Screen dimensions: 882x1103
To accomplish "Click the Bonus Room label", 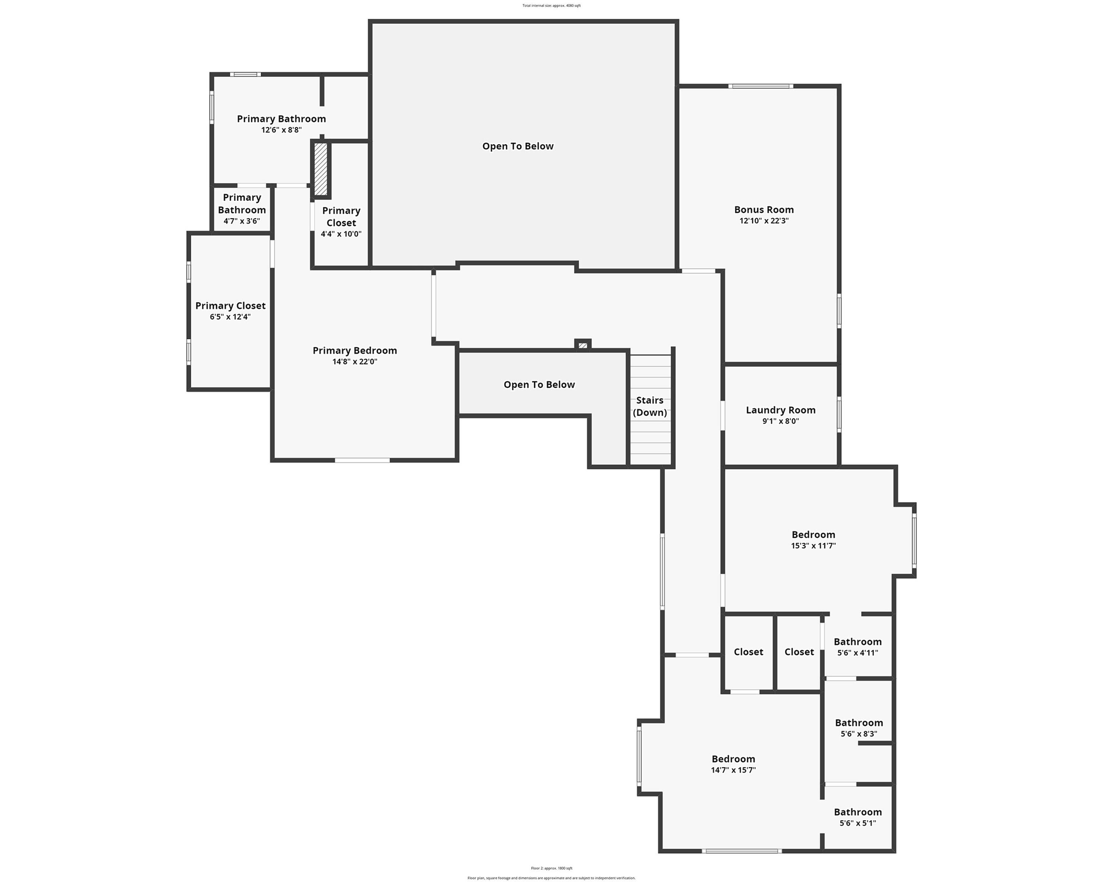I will click(x=764, y=209).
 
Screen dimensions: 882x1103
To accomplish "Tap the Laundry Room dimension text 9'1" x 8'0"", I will click(x=780, y=421).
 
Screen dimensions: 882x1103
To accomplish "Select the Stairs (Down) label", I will click(x=650, y=406).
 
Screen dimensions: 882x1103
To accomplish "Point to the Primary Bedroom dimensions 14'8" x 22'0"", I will click(x=354, y=362).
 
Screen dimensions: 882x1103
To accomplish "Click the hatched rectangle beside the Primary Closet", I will click(x=321, y=169).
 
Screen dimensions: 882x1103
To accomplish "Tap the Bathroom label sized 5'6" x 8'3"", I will click(x=859, y=723).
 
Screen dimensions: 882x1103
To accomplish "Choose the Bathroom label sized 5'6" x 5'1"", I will click(x=857, y=812).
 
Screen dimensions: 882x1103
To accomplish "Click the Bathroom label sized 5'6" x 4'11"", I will click(x=857, y=642).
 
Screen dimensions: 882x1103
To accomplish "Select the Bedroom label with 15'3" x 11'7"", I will click(x=813, y=535).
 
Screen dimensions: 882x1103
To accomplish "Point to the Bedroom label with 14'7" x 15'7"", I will click(x=733, y=759).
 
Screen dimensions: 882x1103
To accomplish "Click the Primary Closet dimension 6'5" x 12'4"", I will click(x=230, y=317).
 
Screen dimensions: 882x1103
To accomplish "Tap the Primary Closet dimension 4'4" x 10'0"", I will click(x=341, y=234).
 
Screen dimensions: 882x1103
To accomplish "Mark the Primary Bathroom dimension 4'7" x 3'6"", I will click(x=242, y=221).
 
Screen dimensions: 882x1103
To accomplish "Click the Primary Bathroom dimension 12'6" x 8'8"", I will click(x=281, y=130).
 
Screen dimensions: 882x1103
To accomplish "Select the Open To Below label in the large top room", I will click(x=518, y=146).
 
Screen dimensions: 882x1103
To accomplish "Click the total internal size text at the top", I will click(x=551, y=6).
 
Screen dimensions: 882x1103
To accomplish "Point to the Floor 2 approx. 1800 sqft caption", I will click(x=551, y=868).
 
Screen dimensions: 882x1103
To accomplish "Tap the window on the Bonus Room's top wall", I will click(x=761, y=86).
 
